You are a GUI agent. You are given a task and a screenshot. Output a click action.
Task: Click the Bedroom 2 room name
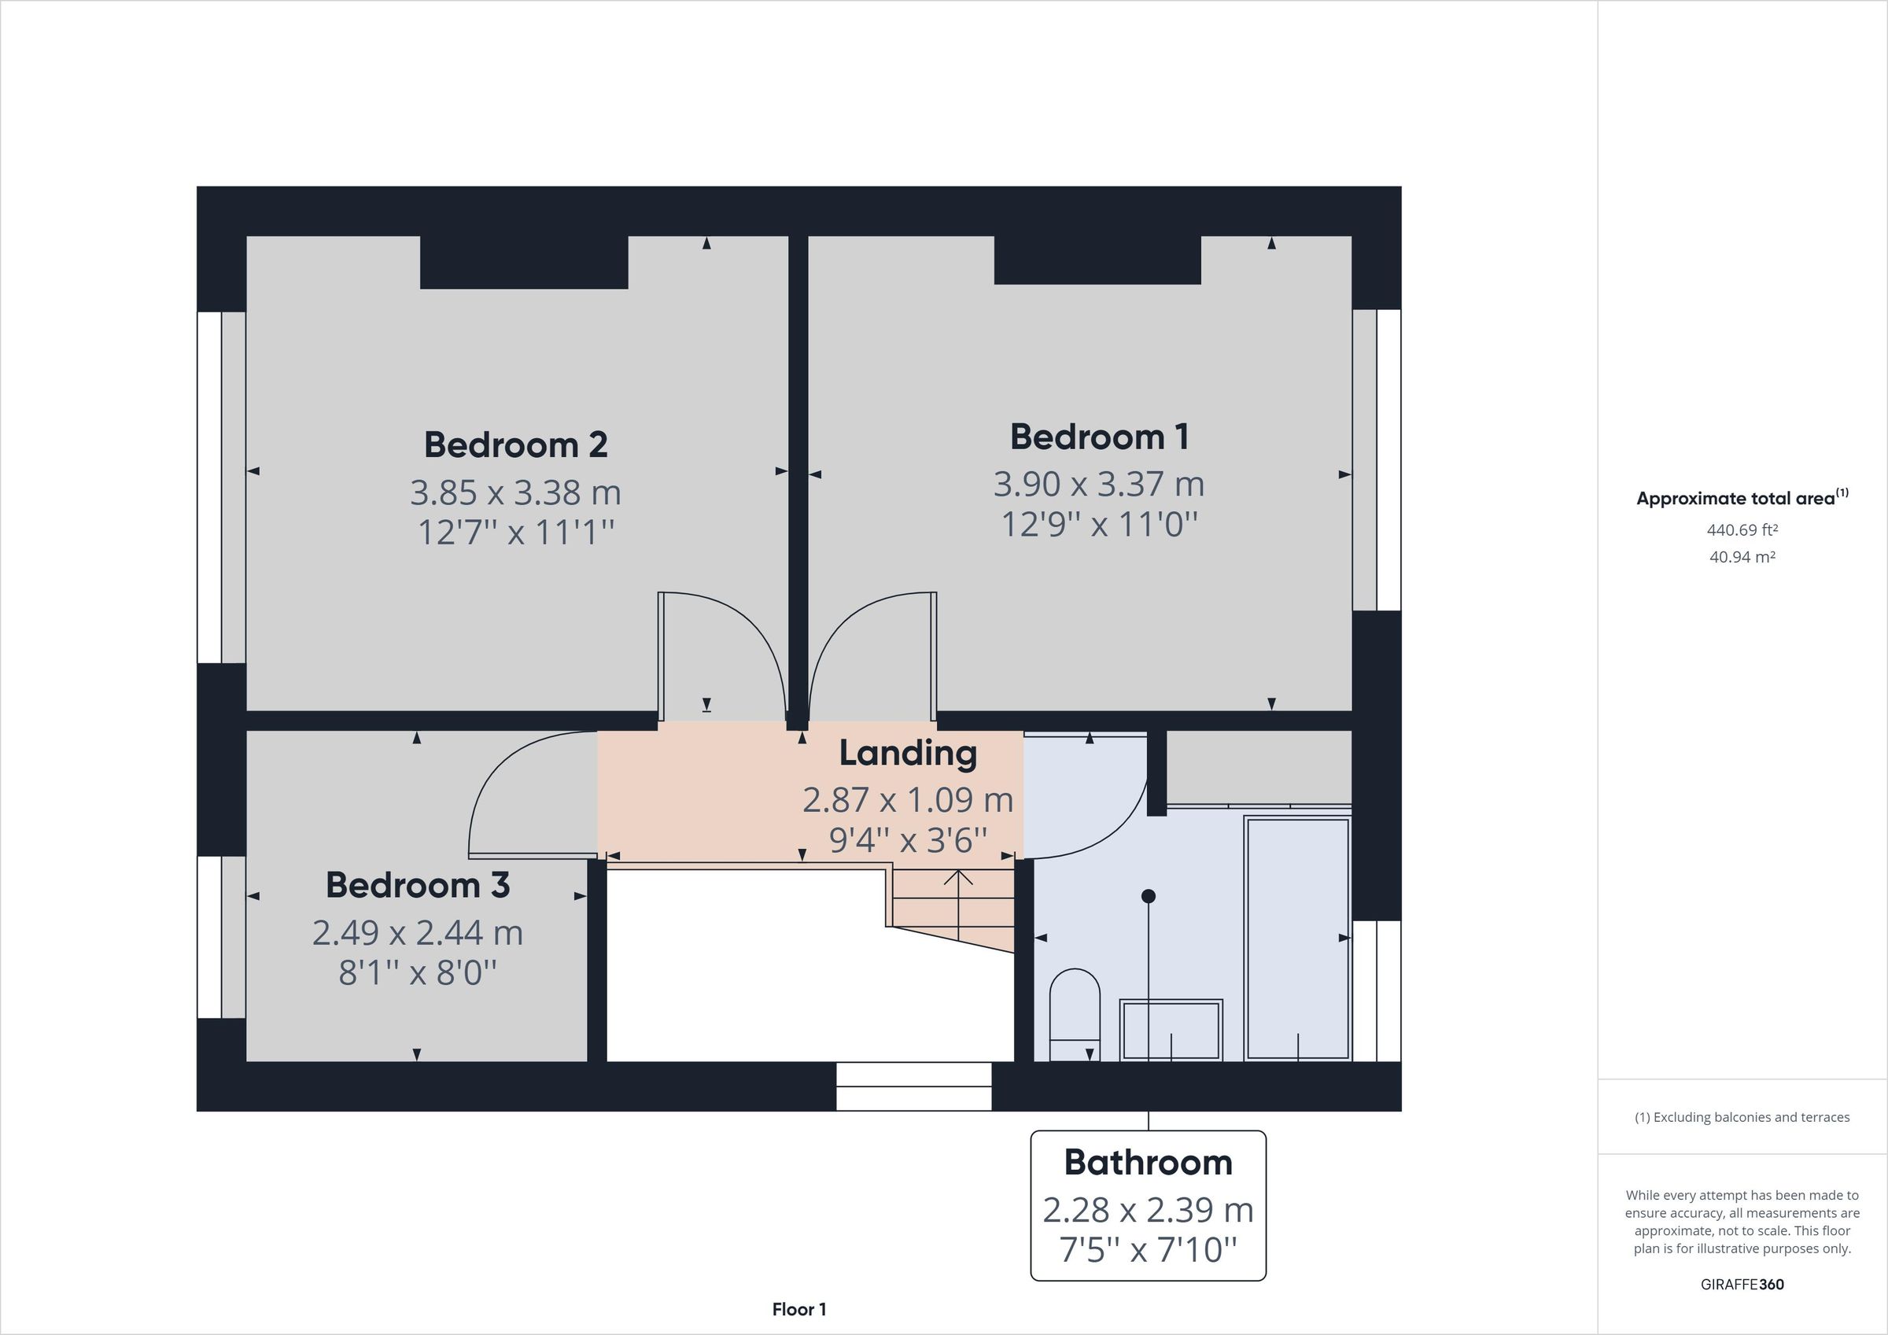point(515,445)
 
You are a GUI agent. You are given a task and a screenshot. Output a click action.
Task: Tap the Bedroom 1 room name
point(1100,437)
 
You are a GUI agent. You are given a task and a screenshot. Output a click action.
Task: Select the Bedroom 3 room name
point(418,885)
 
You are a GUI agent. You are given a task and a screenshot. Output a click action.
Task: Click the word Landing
point(908,753)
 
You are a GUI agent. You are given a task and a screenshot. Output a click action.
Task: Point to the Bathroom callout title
point(1148,1162)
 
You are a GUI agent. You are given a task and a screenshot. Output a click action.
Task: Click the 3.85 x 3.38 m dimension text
point(515,492)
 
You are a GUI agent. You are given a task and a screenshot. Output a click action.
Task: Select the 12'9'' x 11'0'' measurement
point(1100,524)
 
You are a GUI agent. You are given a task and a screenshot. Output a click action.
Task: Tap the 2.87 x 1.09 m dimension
point(908,799)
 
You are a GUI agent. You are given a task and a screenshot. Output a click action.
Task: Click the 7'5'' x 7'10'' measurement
point(1148,1249)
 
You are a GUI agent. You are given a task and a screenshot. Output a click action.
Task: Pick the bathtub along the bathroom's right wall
point(1297,938)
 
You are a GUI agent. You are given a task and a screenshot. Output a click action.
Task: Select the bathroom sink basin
point(1171,1029)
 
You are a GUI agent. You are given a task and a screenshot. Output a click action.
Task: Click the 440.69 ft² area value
point(1742,530)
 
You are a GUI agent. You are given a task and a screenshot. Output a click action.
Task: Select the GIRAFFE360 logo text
point(1742,1284)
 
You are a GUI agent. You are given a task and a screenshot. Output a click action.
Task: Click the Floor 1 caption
point(798,1310)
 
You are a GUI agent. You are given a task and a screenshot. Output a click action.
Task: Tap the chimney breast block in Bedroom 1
point(1097,260)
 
